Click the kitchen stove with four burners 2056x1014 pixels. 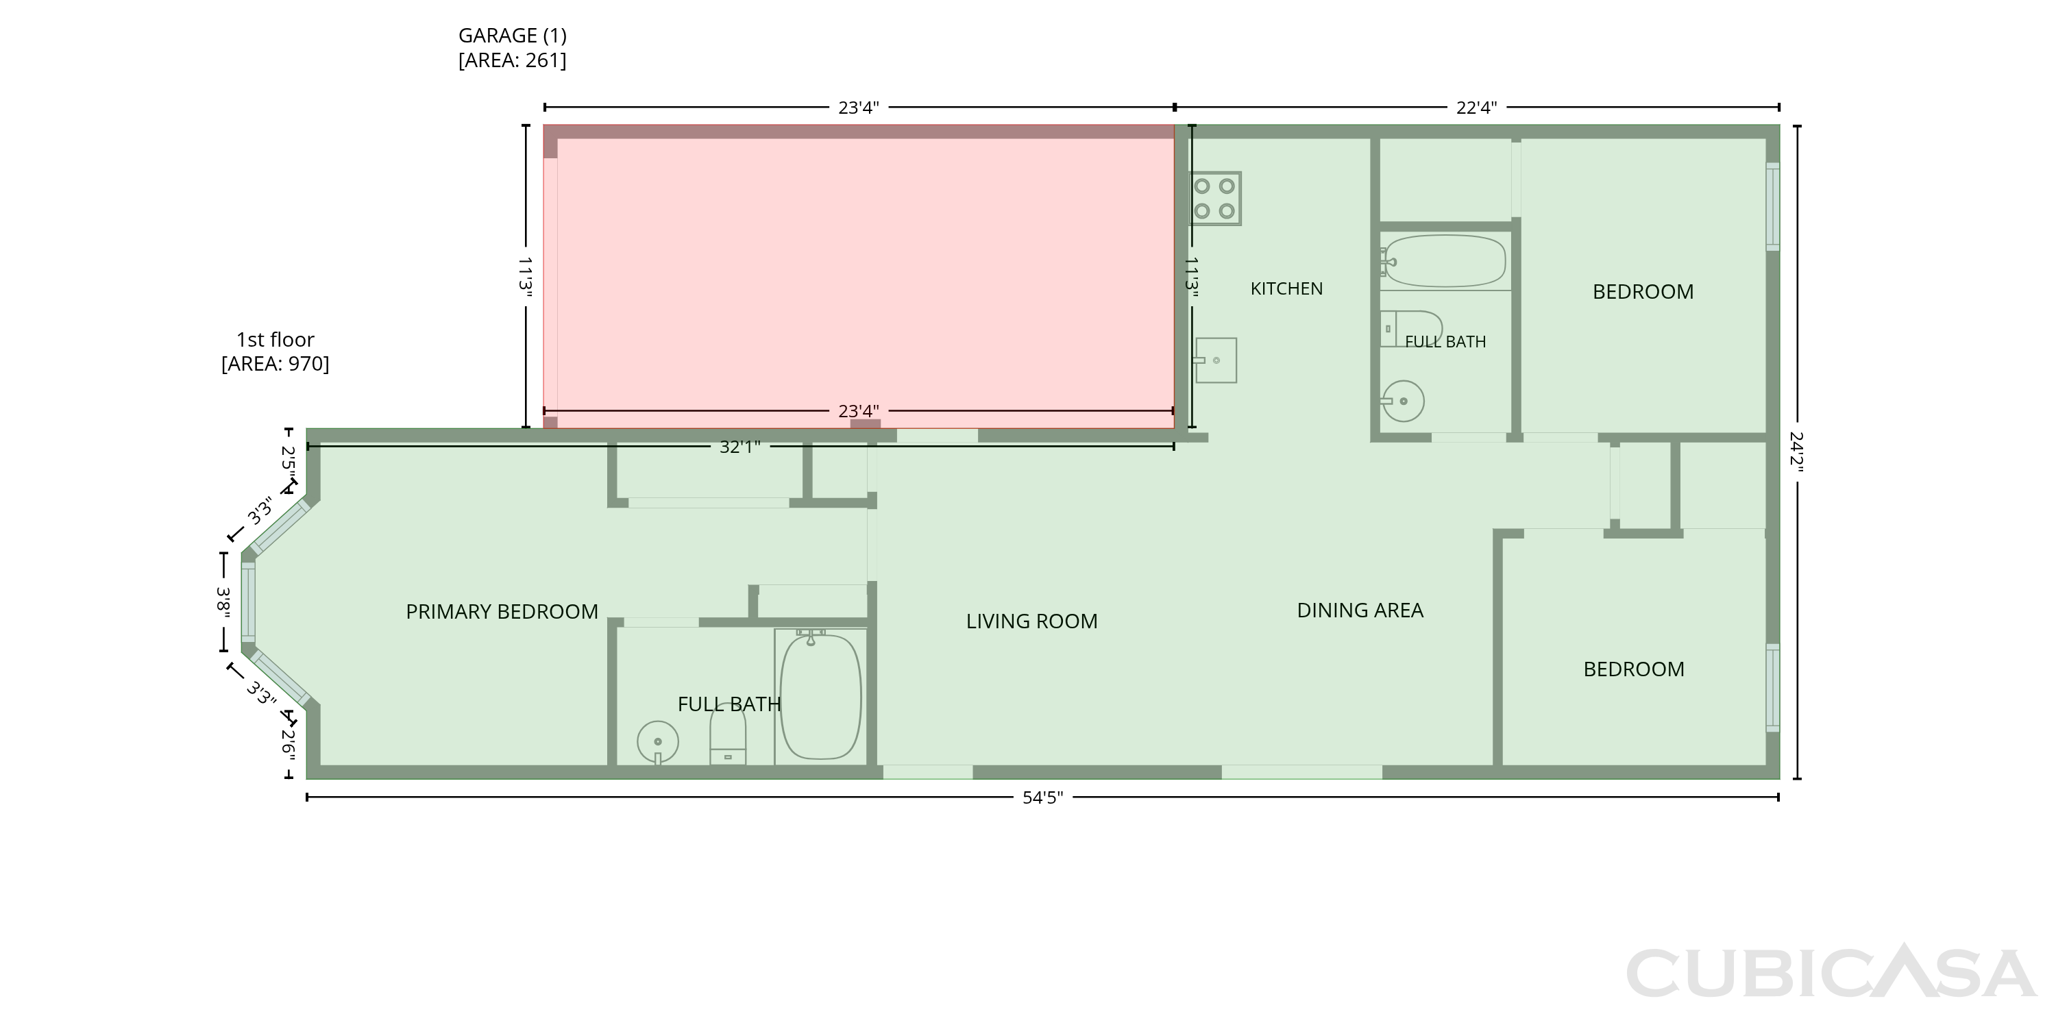[x=1215, y=199]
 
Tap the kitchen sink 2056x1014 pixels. [x=1215, y=360]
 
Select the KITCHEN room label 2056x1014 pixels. [x=1286, y=289]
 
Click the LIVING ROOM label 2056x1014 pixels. [x=1032, y=621]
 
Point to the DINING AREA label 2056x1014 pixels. [x=1360, y=610]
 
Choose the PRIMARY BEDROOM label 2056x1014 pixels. [x=502, y=612]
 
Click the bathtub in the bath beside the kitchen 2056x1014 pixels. [x=1444, y=261]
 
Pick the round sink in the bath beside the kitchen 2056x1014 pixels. [x=1402, y=401]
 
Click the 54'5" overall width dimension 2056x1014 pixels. [x=1042, y=797]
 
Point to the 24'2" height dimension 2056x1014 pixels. [x=1797, y=452]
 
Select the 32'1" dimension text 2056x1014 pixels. [x=740, y=447]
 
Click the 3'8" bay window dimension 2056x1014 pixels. [x=224, y=602]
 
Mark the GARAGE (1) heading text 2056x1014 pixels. [x=513, y=35]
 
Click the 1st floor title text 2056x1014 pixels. [x=276, y=340]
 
